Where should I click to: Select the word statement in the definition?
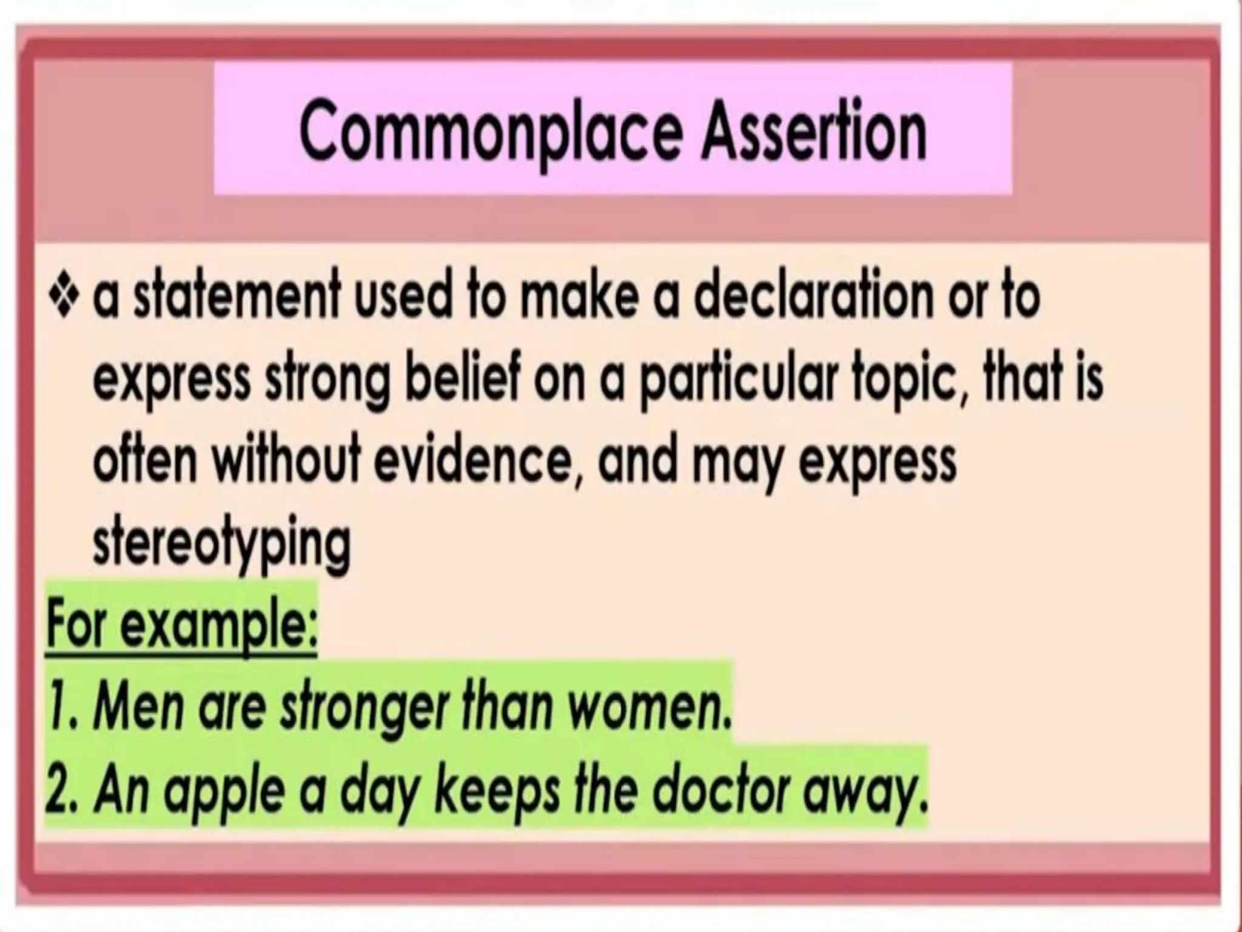233,297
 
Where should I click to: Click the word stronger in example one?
363,708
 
